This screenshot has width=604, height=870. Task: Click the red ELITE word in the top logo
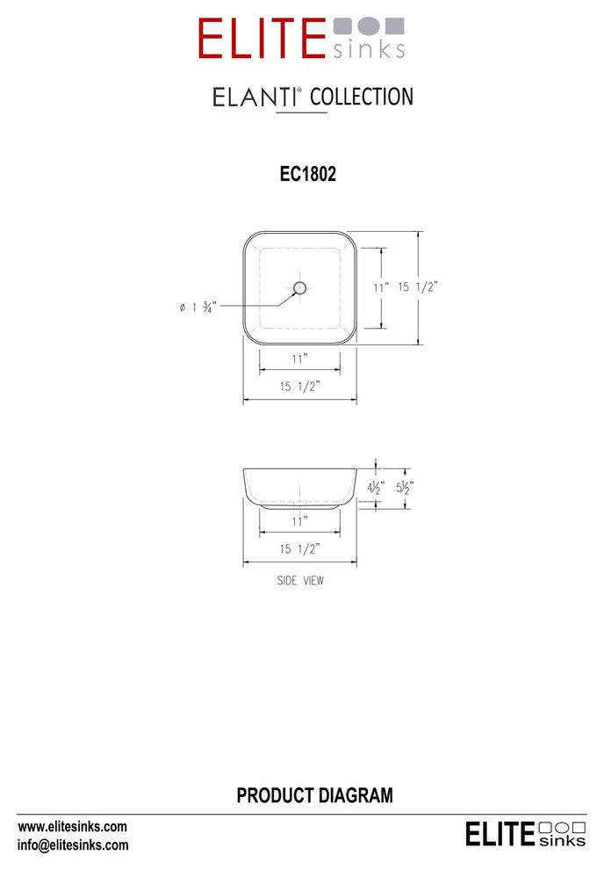point(262,39)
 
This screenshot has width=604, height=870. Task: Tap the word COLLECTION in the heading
point(362,97)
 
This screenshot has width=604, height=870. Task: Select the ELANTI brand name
point(255,98)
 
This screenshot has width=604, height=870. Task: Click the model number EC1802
point(308,174)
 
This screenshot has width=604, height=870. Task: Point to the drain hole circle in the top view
point(299,288)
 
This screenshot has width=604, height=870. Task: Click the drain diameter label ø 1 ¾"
point(198,307)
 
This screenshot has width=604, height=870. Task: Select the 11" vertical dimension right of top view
point(381,287)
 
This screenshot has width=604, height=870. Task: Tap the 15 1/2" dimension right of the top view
point(418,286)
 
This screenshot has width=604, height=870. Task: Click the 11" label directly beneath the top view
point(299,359)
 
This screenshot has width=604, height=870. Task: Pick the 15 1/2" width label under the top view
point(299,386)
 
